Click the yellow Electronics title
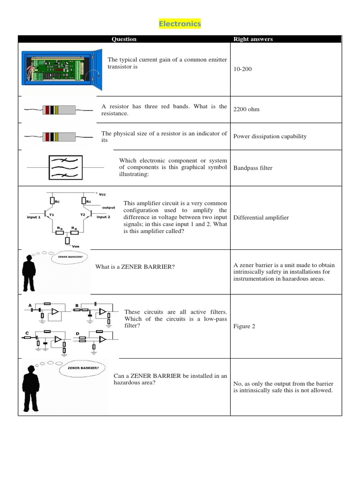tap(180, 24)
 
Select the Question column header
tap(124, 39)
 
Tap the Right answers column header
tap(253, 39)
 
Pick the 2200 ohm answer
tap(246, 109)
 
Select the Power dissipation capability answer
tap(270, 136)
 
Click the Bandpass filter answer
tap(253, 168)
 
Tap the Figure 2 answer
tap(244, 326)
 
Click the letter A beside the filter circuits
tap(30, 305)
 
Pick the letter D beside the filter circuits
tap(77, 334)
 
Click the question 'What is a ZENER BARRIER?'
tap(135, 267)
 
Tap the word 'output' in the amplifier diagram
tap(108, 207)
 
